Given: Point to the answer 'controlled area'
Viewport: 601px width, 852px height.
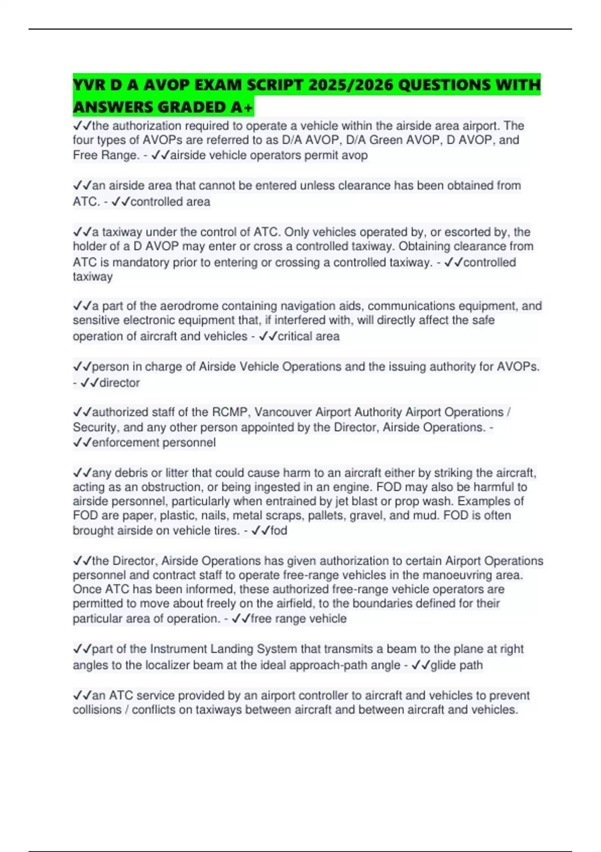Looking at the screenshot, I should click(170, 202).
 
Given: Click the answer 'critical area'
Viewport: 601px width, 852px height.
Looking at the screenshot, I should click(309, 336).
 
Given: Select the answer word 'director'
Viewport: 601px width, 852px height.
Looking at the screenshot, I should click(120, 383).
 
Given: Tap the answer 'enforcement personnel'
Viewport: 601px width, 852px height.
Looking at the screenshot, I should click(154, 443).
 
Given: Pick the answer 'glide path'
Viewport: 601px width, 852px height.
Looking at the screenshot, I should click(457, 666).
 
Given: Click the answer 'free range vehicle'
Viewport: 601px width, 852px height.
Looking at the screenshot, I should click(298, 619).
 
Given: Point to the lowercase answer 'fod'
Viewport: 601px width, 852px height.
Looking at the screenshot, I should click(279, 531).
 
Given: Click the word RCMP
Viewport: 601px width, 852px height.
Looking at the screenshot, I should click(230, 412).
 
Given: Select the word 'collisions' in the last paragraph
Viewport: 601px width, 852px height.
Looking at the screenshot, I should click(100, 710).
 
